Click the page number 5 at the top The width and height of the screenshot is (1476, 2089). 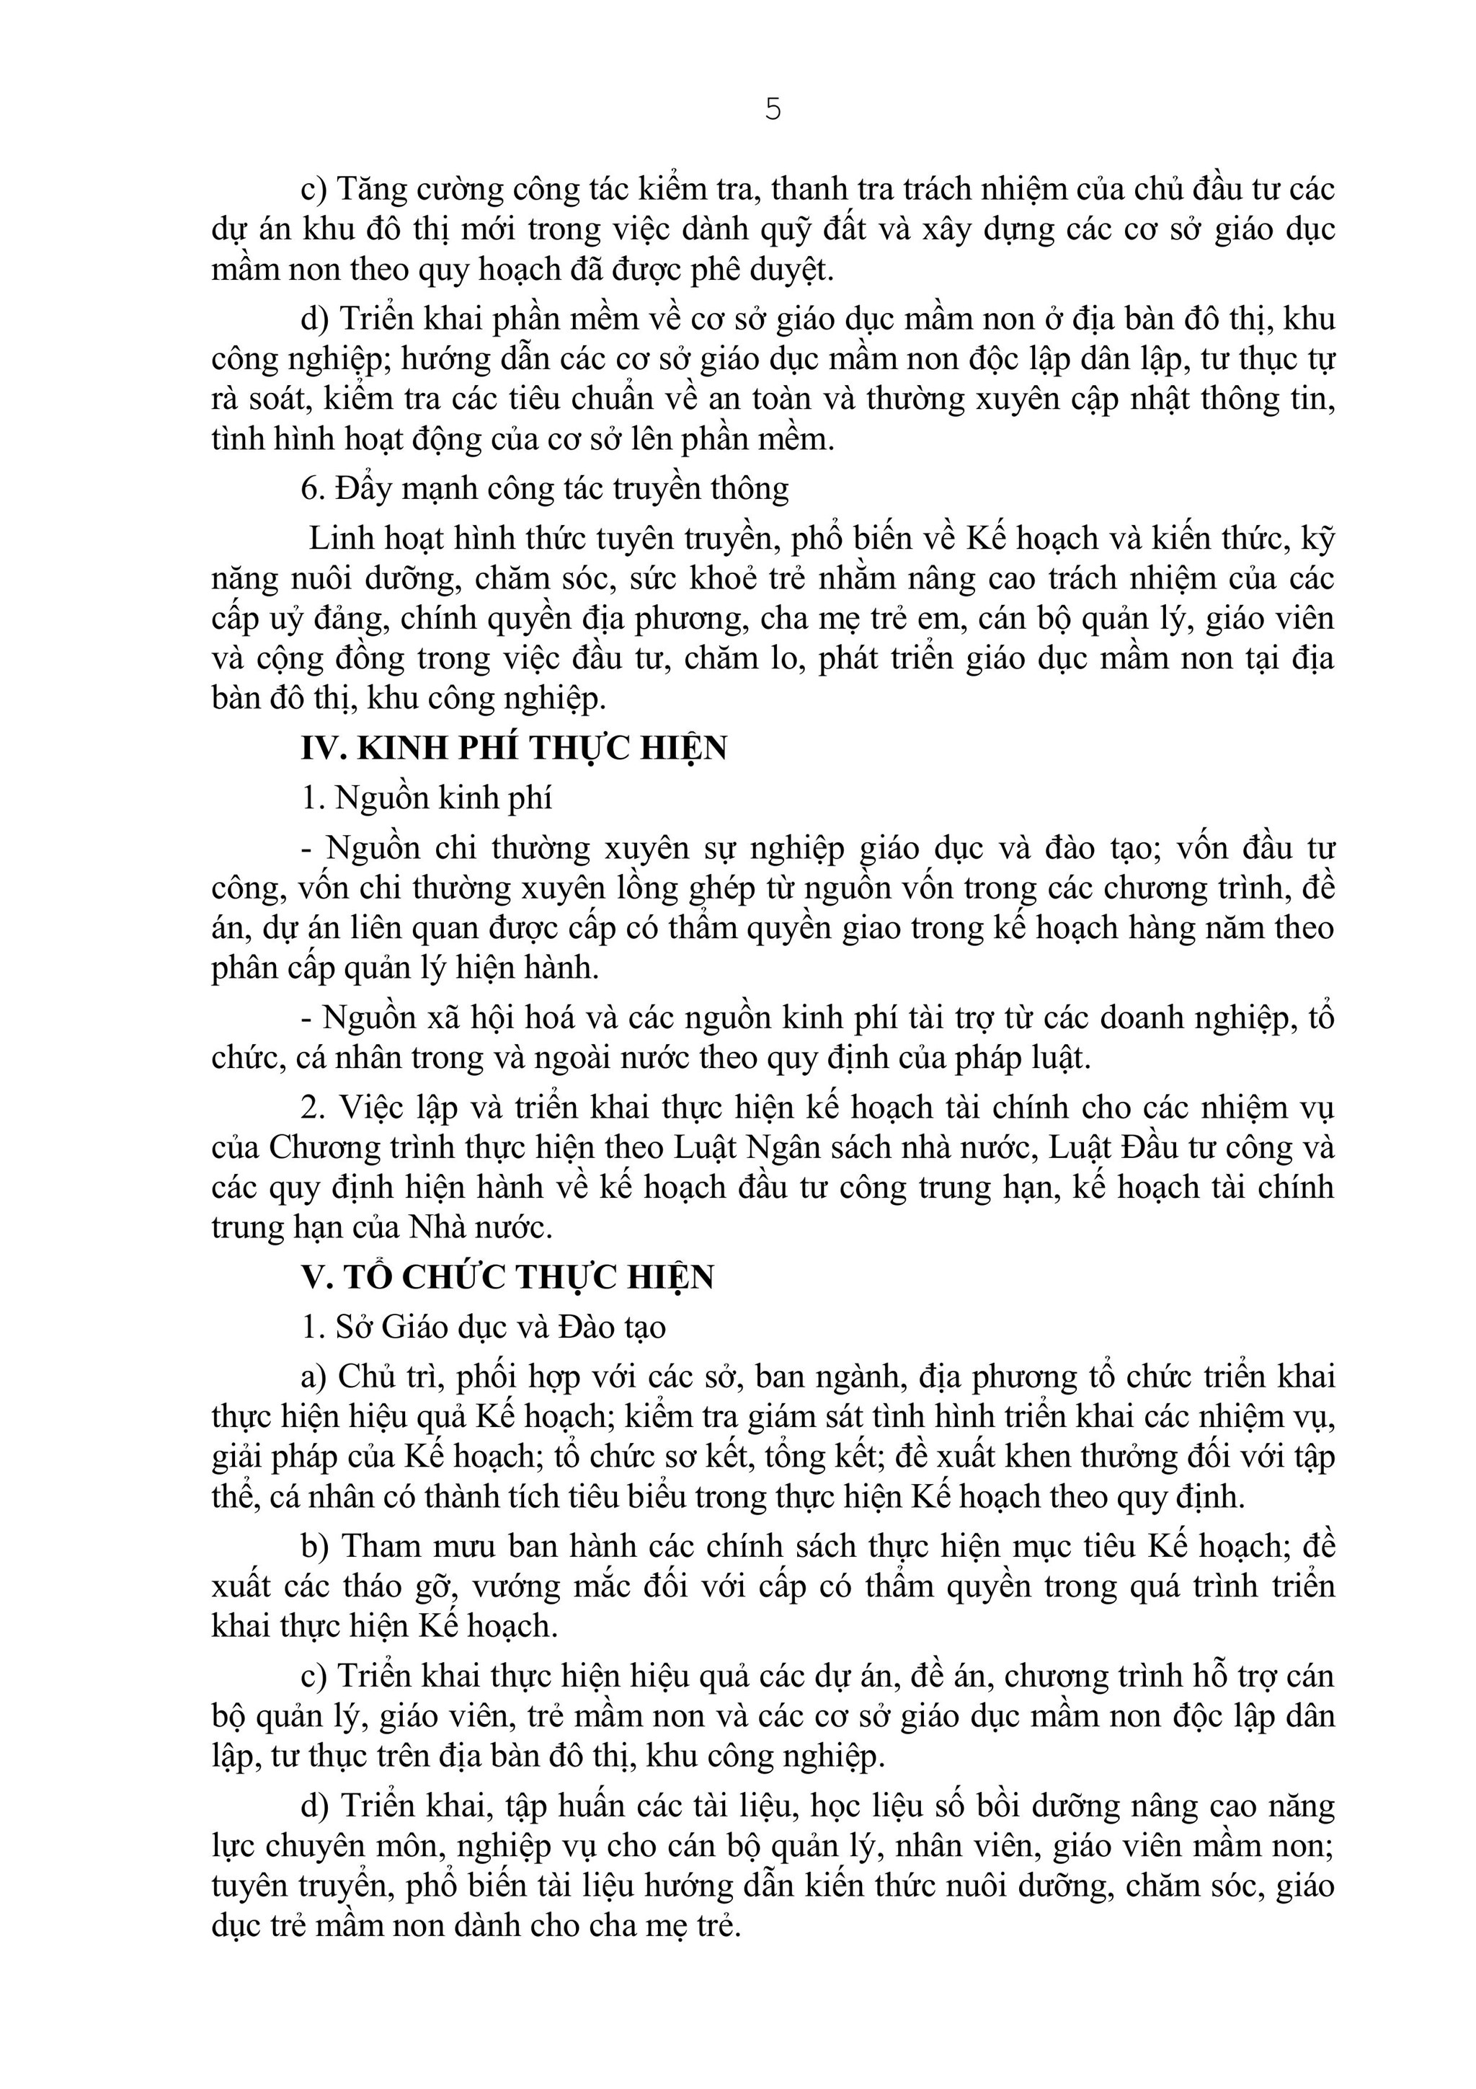pos(772,110)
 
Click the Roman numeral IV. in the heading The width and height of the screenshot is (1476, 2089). pos(324,748)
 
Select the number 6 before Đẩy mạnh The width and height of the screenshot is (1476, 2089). pos(312,489)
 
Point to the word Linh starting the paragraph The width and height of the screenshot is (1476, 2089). pos(337,538)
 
